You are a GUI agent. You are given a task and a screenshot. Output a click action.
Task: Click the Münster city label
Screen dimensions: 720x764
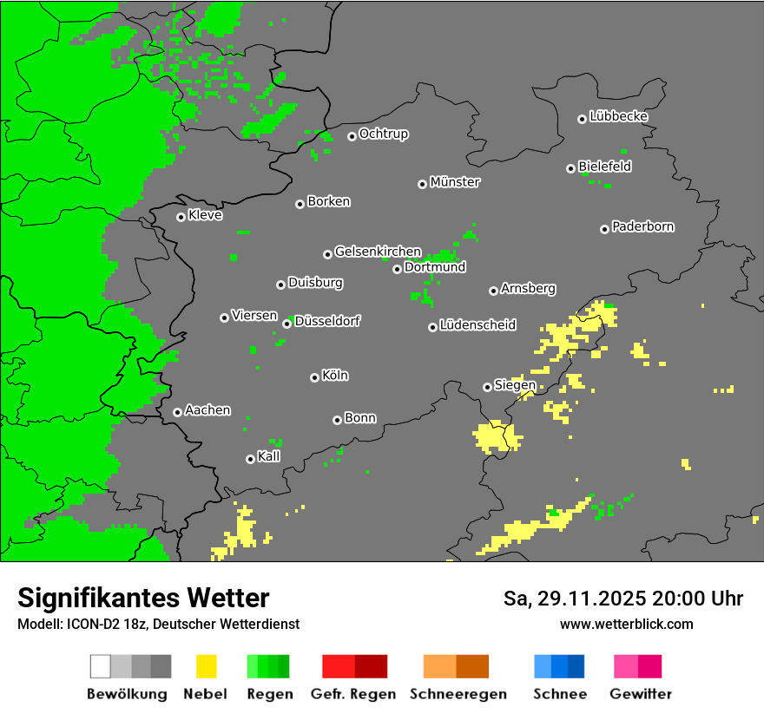[455, 182]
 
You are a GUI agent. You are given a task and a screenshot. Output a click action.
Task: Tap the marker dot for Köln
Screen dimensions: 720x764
[314, 377]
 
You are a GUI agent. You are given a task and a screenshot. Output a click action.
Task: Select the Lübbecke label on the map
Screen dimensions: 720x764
[618, 116]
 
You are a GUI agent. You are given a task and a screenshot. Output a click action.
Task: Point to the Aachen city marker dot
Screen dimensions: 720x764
[177, 412]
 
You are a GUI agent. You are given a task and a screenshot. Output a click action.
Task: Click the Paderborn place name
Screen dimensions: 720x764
[642, 226]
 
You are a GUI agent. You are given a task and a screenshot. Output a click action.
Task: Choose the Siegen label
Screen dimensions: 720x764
[515, 385]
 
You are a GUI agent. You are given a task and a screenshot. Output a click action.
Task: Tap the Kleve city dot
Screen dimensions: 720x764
[181, 217]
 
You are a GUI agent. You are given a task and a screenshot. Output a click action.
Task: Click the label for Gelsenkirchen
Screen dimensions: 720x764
[378, 252]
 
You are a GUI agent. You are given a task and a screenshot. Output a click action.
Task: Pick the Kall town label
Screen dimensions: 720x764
[268, 456]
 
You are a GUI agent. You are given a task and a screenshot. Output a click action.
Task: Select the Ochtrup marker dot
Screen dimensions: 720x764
[352, 135]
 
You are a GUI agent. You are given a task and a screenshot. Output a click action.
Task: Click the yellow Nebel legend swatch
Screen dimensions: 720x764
[206, 666]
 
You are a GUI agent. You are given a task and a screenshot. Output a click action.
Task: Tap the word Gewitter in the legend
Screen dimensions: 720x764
[640, 694]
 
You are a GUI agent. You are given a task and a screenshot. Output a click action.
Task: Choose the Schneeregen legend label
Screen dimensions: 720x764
[458, 694]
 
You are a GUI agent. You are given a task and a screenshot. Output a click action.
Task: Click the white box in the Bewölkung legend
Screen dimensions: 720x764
[101, 666]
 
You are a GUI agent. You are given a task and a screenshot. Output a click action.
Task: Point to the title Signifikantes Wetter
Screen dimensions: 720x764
[143, 598]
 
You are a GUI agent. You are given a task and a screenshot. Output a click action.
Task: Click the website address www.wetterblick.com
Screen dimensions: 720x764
[626, 624]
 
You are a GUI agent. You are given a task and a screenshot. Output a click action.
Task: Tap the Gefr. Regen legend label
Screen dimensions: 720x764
[352, 694]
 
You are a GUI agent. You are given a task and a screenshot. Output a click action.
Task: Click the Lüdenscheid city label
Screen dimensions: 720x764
[477, 325]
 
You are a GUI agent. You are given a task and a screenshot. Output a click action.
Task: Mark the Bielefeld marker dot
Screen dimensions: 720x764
[570, 168]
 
